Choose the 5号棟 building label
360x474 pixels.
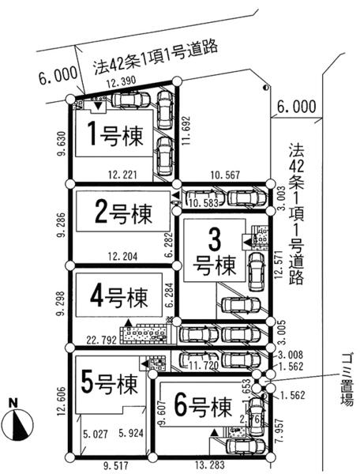point(109,383)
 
